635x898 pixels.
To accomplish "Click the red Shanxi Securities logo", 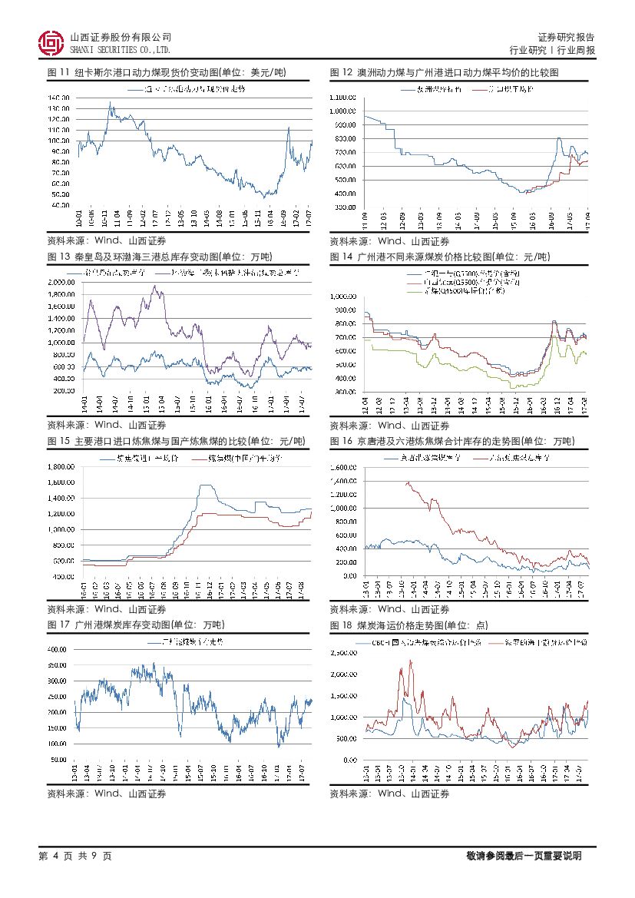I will (51, 43).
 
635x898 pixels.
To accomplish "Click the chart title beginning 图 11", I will (166, 72).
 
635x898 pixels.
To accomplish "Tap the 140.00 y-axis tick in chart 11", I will (59, 98).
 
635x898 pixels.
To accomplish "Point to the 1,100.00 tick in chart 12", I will (342, 98).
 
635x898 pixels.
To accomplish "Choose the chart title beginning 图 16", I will (452, 441).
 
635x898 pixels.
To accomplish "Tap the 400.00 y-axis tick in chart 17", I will (59, 649).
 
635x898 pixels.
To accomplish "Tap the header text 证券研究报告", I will (566, 37).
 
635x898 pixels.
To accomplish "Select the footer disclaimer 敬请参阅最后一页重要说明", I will (523, 856).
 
